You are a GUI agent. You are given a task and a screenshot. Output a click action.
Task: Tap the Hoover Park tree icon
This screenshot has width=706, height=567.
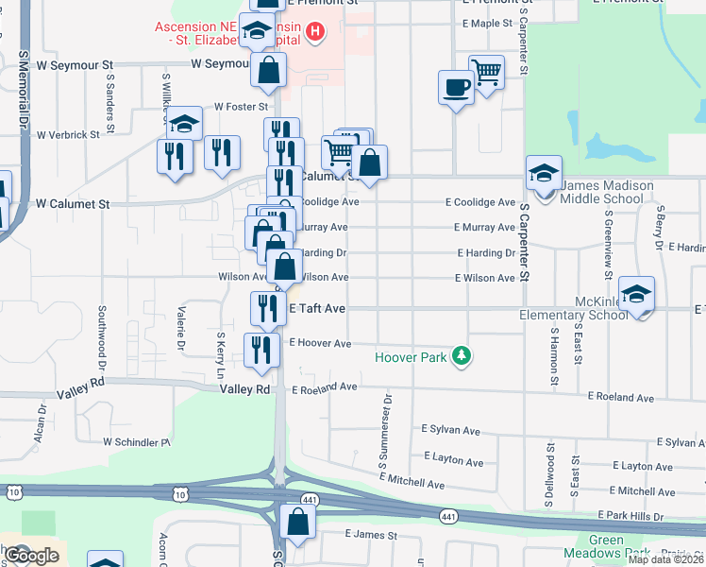click(462, 356)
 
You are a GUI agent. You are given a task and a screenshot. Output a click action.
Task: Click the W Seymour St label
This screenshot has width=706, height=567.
click(219, 64)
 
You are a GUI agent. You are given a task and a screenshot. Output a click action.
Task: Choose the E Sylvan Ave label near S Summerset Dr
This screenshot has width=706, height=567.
click(452, 429)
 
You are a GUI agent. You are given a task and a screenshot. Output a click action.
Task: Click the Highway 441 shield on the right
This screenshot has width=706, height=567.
click(448, 515)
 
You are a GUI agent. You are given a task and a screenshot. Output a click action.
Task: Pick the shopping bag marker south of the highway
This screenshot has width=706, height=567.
click(297, 522)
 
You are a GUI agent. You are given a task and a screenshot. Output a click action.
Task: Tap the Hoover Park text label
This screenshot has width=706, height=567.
click(413, 357)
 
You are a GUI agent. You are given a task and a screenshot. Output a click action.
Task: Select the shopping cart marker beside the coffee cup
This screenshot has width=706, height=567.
click(487, 72)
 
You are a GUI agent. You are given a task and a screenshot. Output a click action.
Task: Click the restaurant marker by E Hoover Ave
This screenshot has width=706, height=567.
click(261, 349)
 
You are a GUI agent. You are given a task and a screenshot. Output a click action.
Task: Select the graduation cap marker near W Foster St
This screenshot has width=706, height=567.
click(184, 124)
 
